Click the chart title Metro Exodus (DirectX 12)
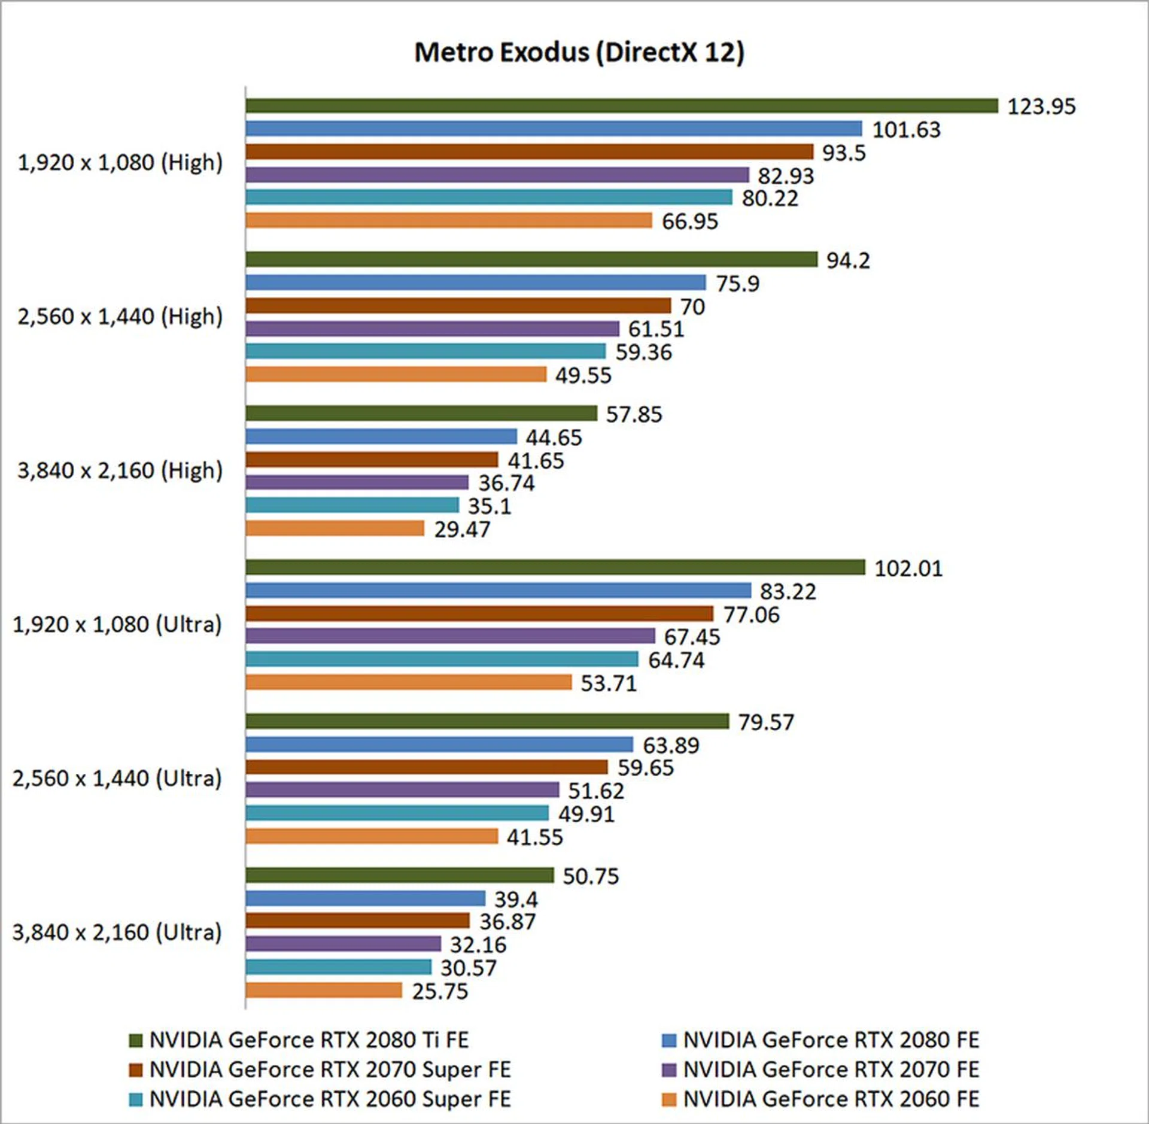coord(579,52)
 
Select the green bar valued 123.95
coord(621,106)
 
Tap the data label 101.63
coord(906,130)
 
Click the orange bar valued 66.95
coord(448,220)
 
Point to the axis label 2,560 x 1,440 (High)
coord(120,316)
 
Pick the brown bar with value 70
coord(458,306)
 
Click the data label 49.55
coord(583,376)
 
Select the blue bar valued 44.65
coord(381,436)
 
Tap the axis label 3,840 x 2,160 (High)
coord(120,470)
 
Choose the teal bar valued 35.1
coord(352,505)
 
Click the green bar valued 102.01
coord(555,567)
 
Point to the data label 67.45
coord(692,637)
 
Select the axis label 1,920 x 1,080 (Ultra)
coord(117,624)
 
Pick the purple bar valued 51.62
coord(402,790)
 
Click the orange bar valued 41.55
coord(372,836)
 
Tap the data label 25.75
coord(440,991)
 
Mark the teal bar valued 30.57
coord(338,967)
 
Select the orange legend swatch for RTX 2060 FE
coord(668,1099)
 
